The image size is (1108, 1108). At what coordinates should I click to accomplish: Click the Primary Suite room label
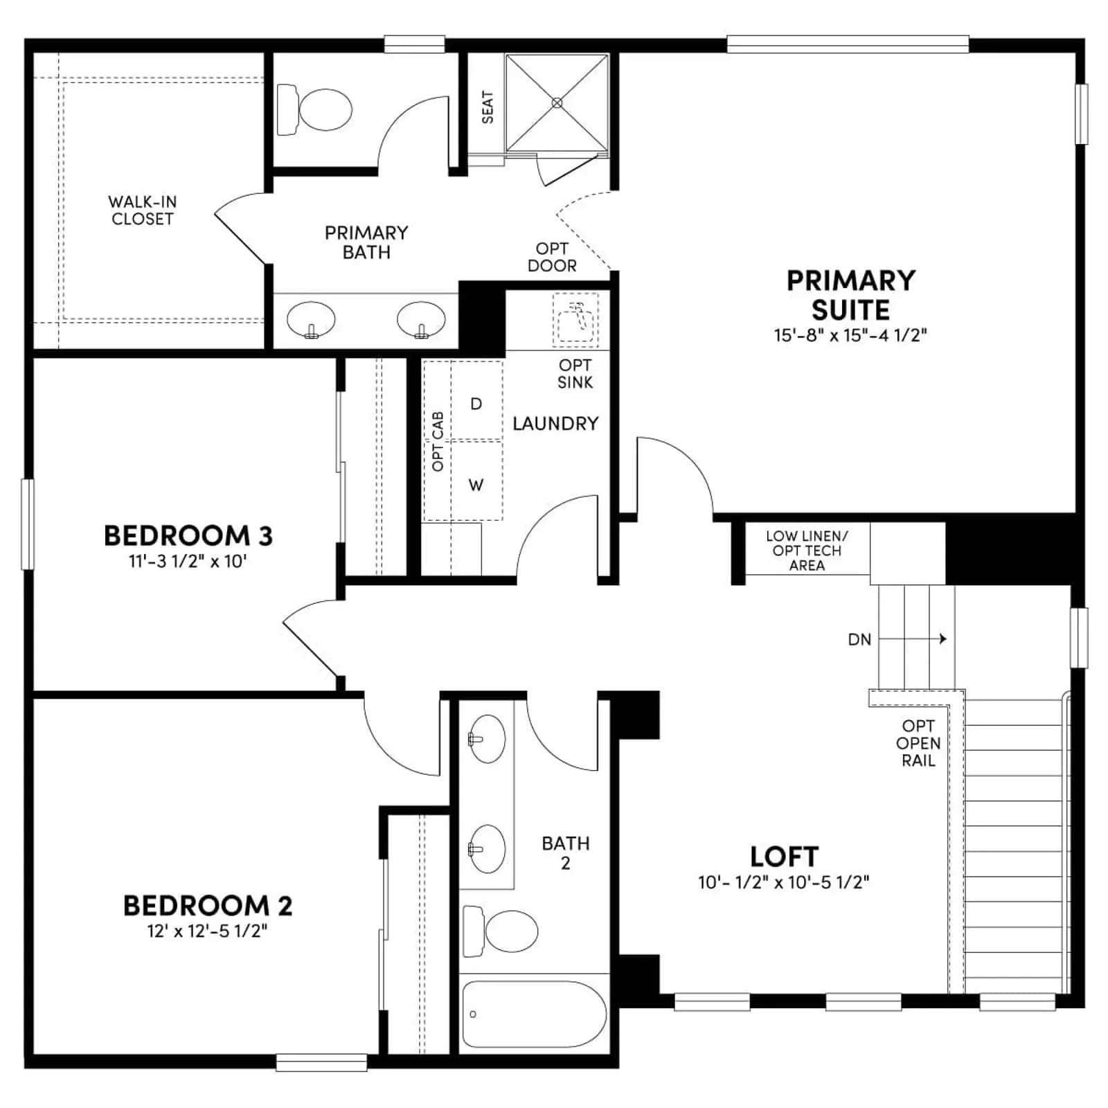tap(850, 295)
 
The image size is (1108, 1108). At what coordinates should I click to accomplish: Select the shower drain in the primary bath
tap(557, 102)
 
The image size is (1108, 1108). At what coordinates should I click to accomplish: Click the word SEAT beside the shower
tap(488, 107)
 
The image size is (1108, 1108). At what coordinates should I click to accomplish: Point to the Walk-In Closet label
tap(142, 211)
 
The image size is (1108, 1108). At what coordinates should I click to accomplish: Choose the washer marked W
tap(476, 481)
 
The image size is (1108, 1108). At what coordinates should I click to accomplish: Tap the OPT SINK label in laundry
tap(575, 373)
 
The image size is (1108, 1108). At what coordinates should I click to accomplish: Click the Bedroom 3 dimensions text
tap(188, 561)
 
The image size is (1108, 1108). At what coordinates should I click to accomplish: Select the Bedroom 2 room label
tap(208, 906)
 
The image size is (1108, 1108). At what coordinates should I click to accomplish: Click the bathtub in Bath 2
tap(535, 1014)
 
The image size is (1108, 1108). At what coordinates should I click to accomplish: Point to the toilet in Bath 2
tap(501, 930)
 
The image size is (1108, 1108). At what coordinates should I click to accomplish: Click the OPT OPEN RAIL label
tap(918, 743)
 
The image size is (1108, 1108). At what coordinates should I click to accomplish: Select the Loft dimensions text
tap(783, 882)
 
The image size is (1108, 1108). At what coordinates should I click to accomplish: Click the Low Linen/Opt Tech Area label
tap(807, 551)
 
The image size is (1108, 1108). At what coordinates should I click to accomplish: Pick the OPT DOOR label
tap(552, 257)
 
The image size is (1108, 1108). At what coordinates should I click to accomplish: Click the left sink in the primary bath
tap(311, 320)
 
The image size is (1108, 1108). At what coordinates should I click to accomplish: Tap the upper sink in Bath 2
tap(486, 739)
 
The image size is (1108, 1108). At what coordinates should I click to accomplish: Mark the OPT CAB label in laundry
tap(438, 442)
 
